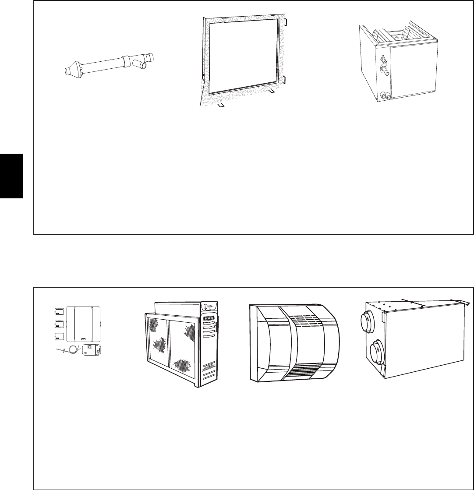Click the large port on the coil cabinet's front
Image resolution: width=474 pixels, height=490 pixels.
point(385,70)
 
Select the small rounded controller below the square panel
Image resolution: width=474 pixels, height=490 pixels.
point(92,349)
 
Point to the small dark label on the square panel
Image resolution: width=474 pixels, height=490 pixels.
point(83,338)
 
